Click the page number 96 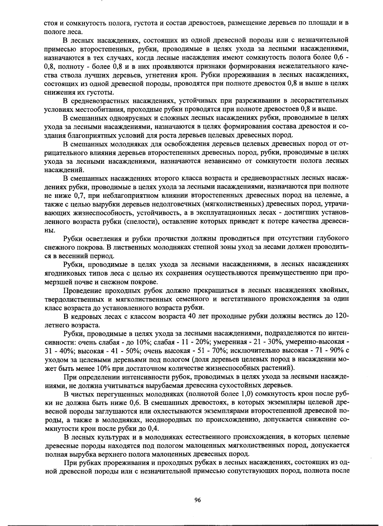click(197, 500)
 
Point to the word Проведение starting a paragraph click(82, 291)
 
